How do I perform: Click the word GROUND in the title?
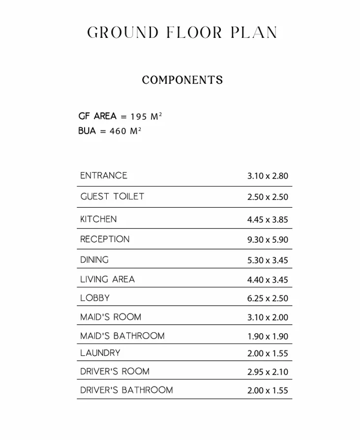tap(123, 33)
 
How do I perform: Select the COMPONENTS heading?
tap(182, 80)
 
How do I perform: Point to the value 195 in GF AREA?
tap(139, 117)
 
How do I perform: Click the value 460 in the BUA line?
tap(118, 131)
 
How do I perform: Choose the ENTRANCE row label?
tap(104, 176)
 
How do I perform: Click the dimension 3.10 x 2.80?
tap(268, 176)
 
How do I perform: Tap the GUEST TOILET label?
tap(113, 196)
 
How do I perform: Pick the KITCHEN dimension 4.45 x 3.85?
tap(268, 220)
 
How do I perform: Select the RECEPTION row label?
tap(105, 239)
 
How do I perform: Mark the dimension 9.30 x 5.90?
tap(268, 240)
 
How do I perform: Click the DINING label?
tap(94, 260)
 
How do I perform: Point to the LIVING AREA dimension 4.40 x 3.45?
tap(268, 280)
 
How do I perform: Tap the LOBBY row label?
tap(95, 298)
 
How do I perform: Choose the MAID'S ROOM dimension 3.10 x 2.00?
tap(268, 318)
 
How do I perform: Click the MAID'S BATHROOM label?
tap(122, 336)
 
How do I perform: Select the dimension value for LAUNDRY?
tap(268, 353)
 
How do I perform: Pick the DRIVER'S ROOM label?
tap(115, 372)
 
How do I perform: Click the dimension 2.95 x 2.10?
tap(268, 372)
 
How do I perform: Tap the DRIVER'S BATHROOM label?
tap(127, 390)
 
